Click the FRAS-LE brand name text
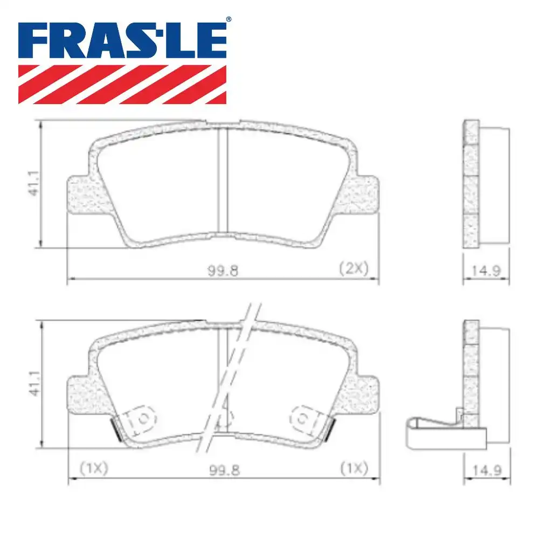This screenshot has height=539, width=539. (122, 40)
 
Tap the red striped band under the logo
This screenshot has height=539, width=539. (122, 84)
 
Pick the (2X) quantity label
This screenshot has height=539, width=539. (353, 268)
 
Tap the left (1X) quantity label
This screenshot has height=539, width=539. (93, 468)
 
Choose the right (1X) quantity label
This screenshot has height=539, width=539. (353, 468)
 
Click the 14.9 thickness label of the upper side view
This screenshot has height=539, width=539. (486, 271)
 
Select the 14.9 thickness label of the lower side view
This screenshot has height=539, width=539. (486, 471)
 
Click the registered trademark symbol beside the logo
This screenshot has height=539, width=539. (229, 19)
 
